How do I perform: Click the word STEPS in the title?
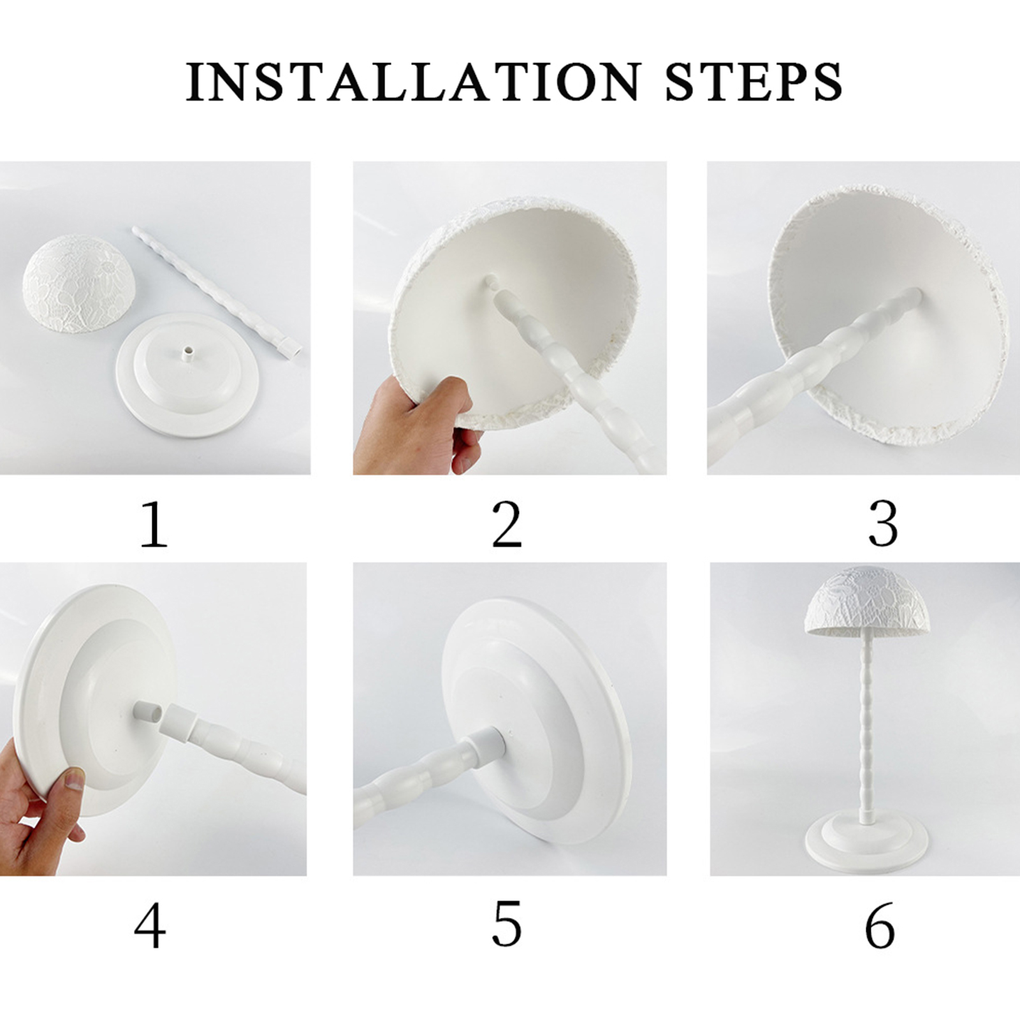754,82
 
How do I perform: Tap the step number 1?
154,525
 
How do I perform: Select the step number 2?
507,525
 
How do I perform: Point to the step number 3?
884,525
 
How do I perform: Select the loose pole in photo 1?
217,291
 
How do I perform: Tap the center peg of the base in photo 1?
187,354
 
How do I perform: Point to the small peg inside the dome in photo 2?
492,282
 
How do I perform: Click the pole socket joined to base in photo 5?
486,745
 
